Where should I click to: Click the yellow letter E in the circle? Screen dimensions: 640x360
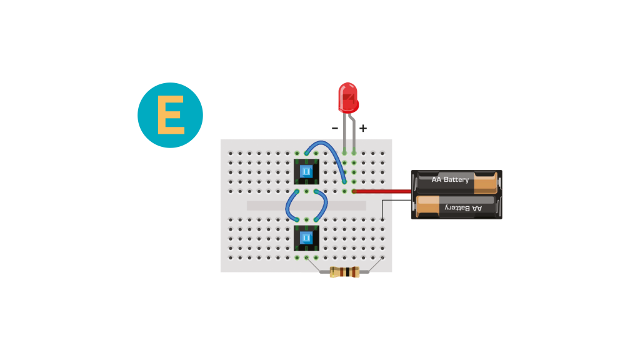pos(171,115)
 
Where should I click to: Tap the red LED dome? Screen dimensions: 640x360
pos(348,98)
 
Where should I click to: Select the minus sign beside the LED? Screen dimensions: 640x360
pos(335,128)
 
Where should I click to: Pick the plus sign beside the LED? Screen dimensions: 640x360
pos(363,128)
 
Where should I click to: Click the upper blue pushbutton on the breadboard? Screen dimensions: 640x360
pos(306,171)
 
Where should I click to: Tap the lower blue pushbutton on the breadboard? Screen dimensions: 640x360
pos(306,238)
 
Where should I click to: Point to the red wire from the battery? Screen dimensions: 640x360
pos(382,191)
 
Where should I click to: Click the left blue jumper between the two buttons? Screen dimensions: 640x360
pos(287,206)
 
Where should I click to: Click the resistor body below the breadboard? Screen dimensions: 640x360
pos(344,272)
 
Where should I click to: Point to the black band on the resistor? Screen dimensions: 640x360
pos(347,272)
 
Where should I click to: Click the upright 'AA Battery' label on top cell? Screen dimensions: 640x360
pos(450,179)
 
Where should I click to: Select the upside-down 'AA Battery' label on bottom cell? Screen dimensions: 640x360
pos(463,208)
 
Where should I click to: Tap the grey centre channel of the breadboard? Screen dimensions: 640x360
pos(306,206)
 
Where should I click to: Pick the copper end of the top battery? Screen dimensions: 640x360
pos(486,182)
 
